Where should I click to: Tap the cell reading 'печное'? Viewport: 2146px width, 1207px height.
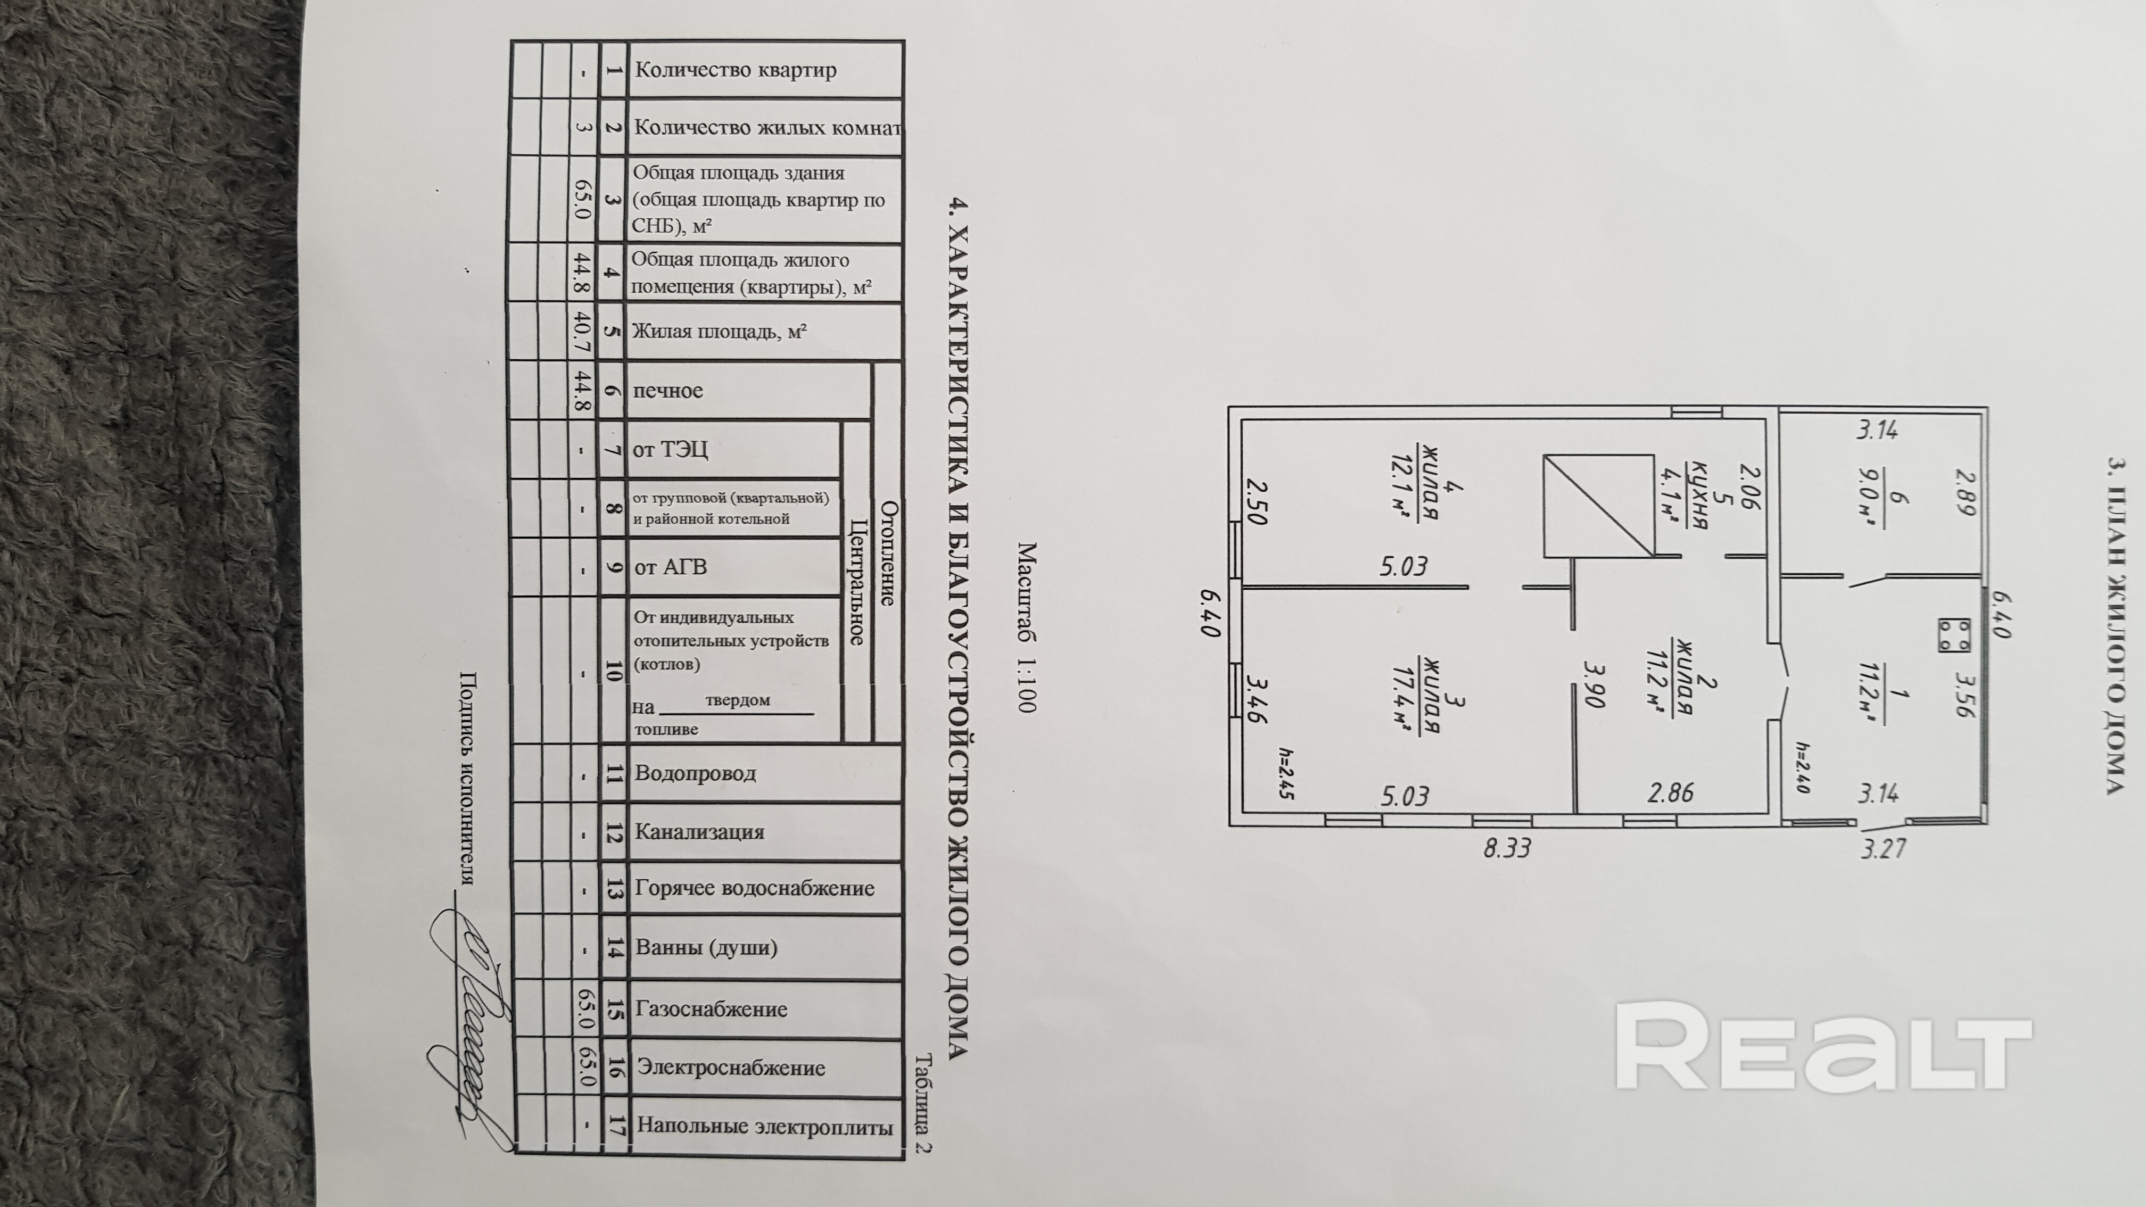point(667,391)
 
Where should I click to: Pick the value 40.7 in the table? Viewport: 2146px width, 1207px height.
point(584,330)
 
